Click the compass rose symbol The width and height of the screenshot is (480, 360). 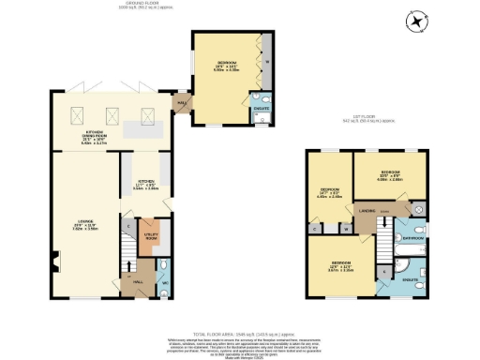coord(416,21)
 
